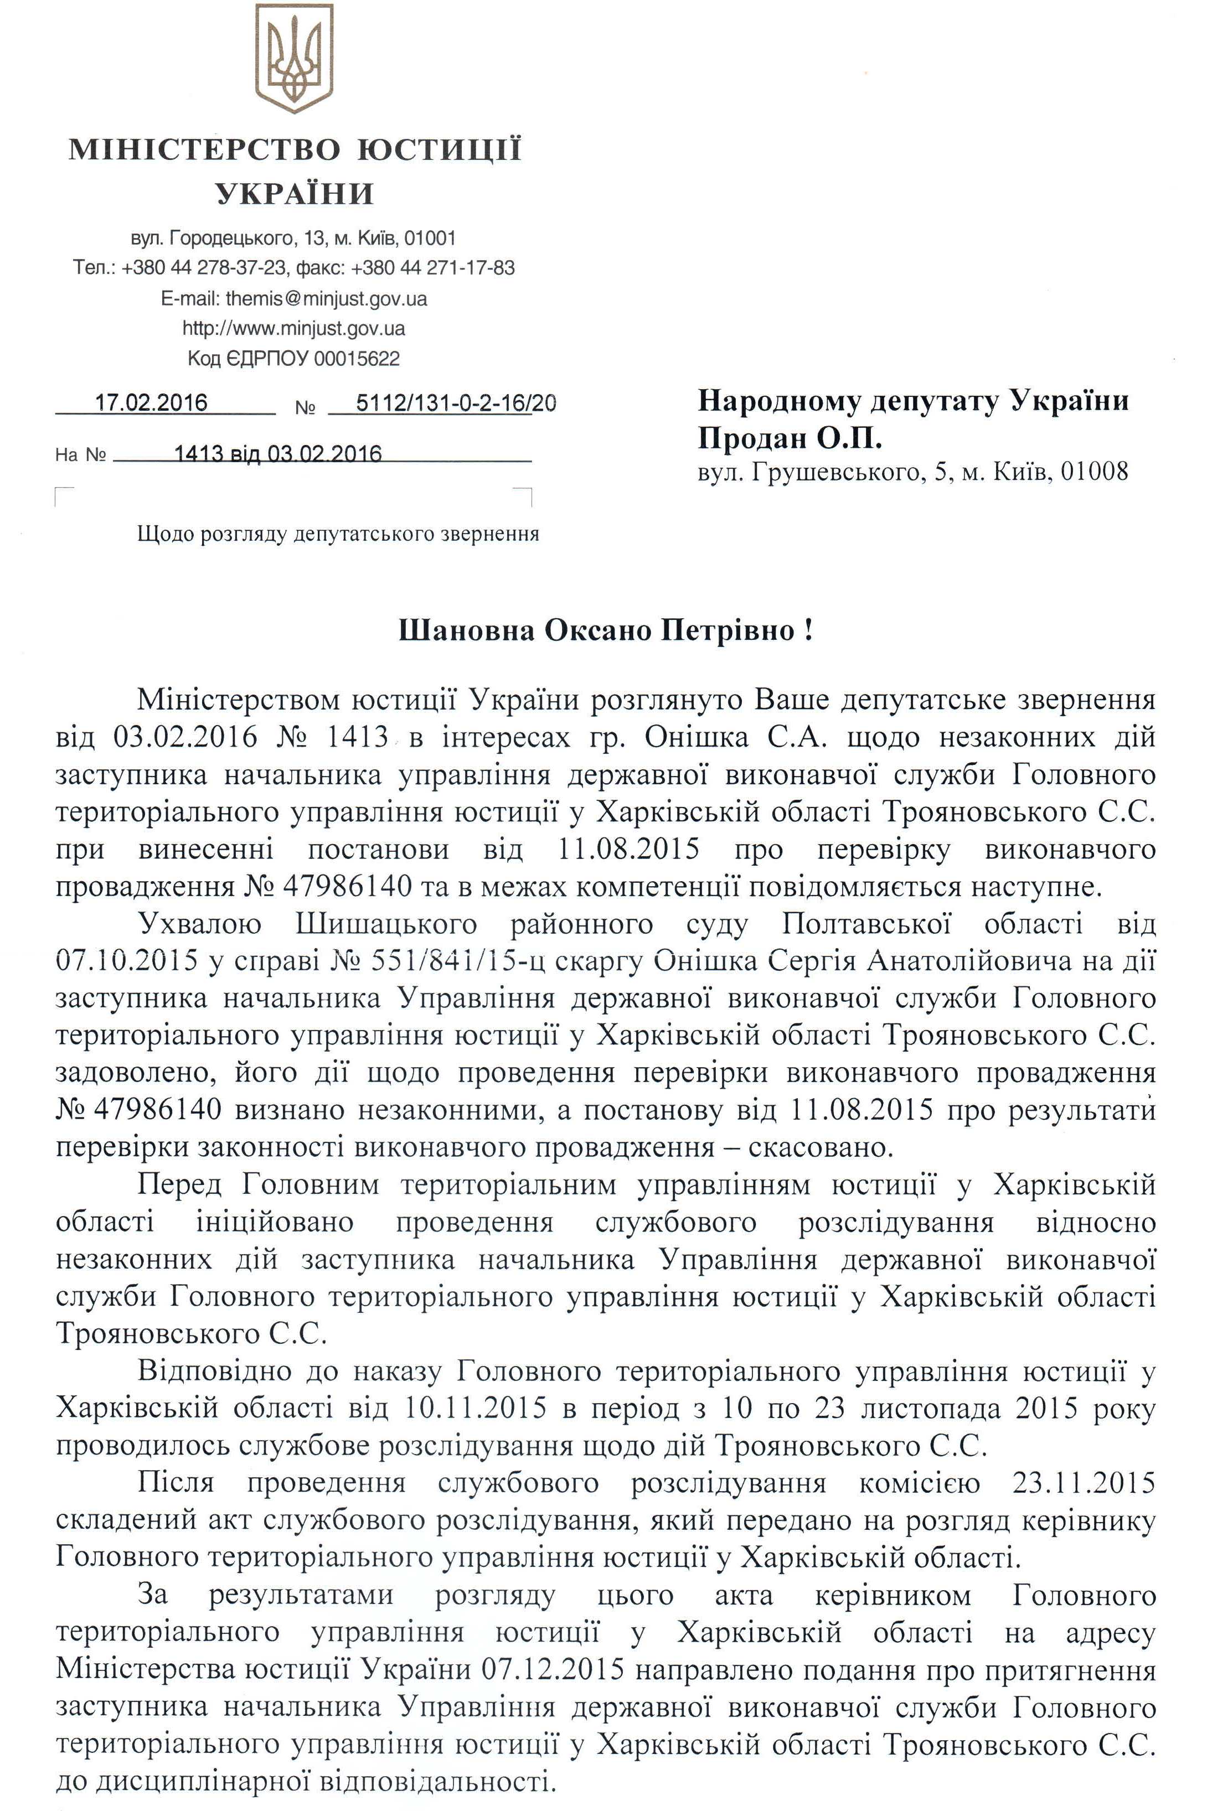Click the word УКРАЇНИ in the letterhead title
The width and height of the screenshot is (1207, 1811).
pyautogui.click(x=295, y=194)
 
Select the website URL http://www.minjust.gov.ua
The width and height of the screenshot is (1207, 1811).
pyautogui.click(x=294, y=329)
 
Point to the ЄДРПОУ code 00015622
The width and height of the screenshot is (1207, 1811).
pyautogui.click(x=357, y=359)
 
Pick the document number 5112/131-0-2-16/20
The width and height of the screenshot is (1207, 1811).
pyautogui.click(x=456, y=403)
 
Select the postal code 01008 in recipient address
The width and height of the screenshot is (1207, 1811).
pyautogui.click(x=1094, y=471)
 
